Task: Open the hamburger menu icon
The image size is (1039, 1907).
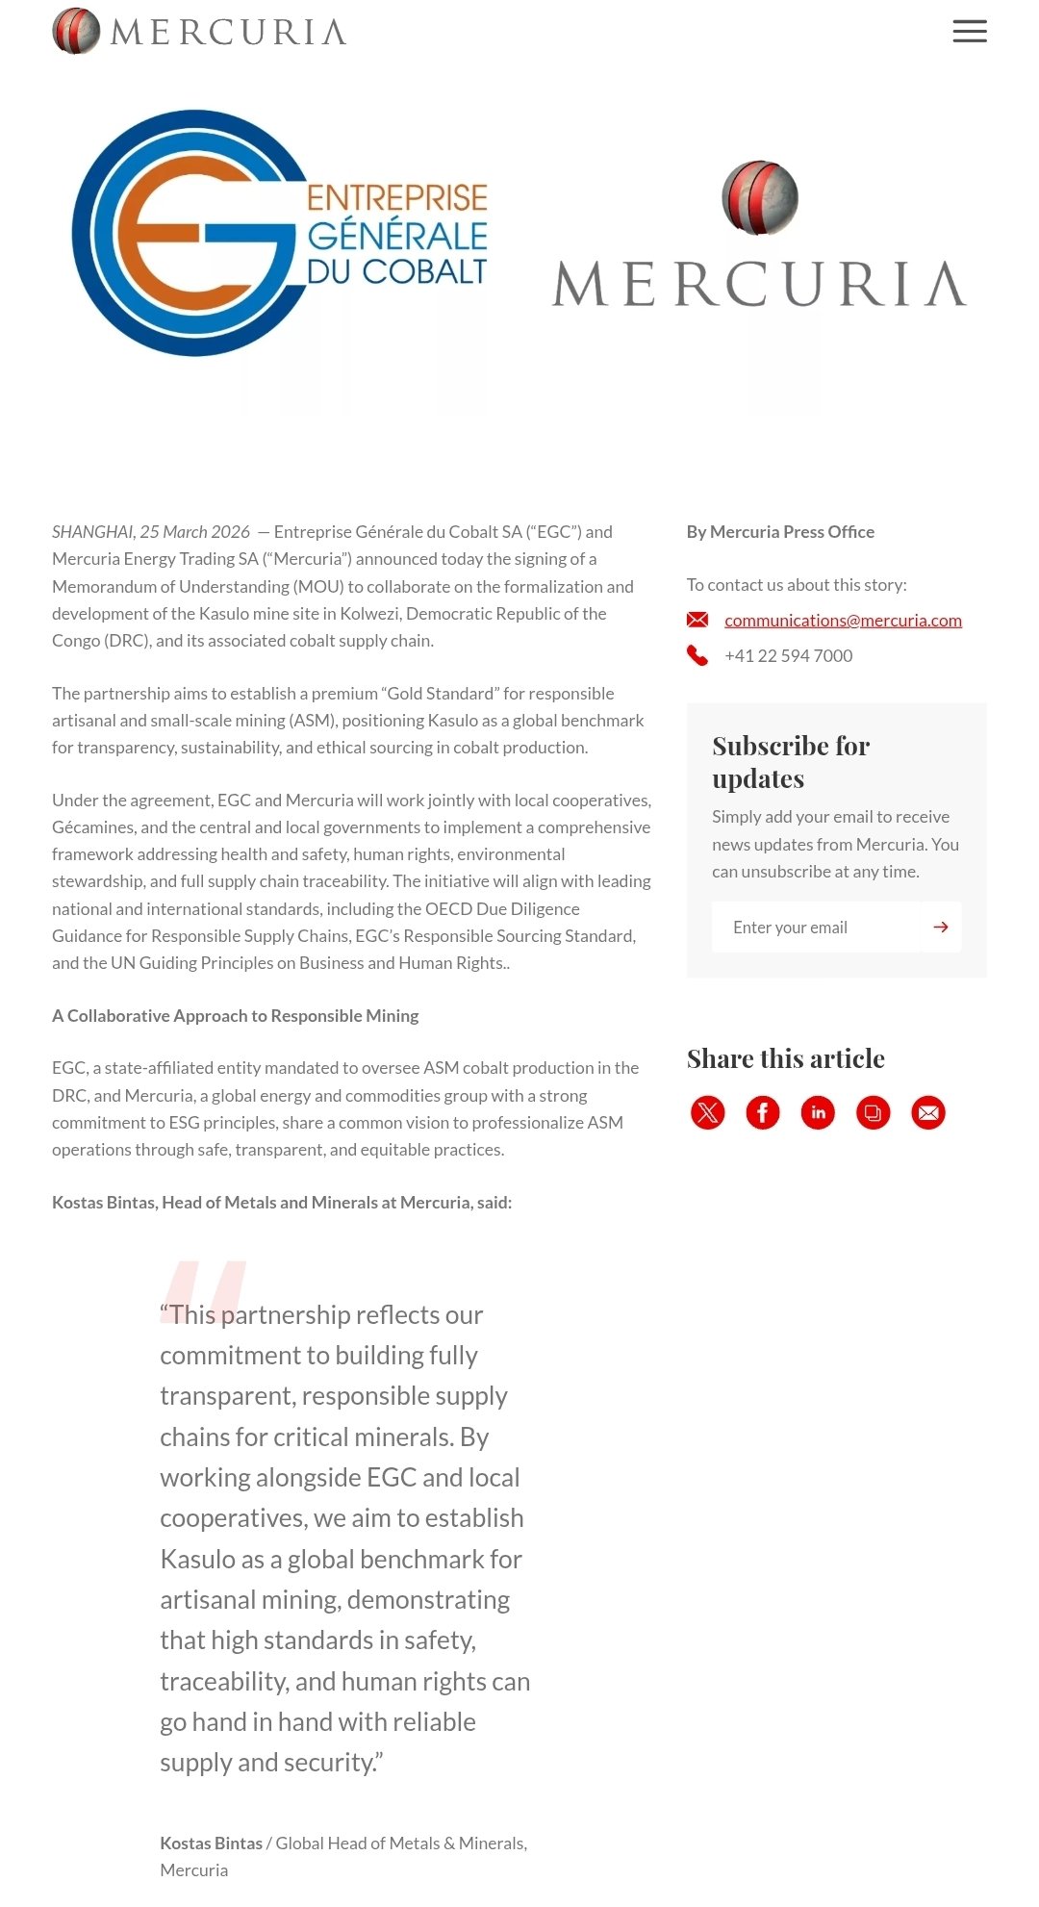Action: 969,32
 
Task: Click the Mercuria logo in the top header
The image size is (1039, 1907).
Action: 199,31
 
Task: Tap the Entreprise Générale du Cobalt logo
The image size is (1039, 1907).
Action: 279,234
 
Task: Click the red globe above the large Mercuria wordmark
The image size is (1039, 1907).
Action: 759,197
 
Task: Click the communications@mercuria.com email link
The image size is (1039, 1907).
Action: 843,621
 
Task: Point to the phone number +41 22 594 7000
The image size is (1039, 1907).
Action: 788,656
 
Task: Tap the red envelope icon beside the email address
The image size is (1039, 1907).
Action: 697,620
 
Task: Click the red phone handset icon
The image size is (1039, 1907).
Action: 697,656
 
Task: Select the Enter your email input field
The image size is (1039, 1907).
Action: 816,928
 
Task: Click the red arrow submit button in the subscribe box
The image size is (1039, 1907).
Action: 941,928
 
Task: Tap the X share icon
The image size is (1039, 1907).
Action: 708,1113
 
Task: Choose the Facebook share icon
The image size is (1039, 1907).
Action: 763,1113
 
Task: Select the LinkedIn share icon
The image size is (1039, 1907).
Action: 818,1113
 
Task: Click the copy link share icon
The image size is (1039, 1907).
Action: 874,1113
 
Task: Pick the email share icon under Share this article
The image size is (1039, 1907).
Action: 928,1113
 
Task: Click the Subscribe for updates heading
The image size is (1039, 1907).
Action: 791,762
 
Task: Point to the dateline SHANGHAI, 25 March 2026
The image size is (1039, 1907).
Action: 151,532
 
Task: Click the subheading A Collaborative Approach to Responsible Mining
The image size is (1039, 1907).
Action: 236,1016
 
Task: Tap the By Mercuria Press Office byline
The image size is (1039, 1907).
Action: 780,532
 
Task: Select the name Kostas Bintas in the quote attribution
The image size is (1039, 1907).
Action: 211,1843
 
